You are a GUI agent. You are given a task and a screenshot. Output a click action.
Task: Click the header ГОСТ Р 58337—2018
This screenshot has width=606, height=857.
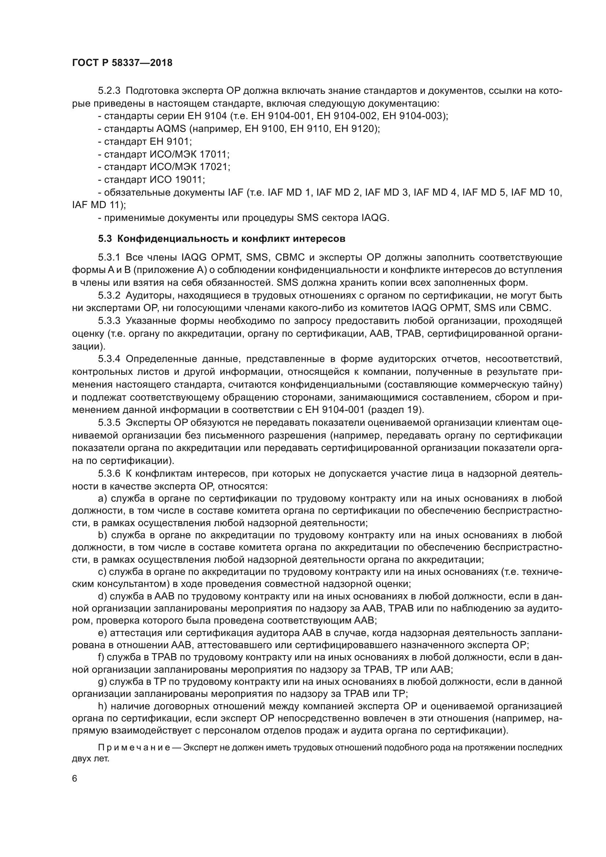point(122,63)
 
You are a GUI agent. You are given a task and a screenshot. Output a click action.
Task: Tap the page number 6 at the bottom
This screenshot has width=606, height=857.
point(75,778)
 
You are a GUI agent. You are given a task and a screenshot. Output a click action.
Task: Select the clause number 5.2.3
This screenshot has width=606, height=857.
point(109,91)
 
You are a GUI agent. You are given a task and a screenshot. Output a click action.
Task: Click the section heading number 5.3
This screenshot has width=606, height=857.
point(105,239)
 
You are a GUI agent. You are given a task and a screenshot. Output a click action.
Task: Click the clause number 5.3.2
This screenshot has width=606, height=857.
point(109,296)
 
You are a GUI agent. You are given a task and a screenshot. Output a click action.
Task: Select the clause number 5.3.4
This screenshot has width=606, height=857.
point(109,359)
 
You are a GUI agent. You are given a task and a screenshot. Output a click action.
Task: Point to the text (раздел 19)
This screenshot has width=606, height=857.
point(396,410)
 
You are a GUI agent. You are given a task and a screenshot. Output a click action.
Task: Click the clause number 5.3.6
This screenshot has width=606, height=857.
point(109,474)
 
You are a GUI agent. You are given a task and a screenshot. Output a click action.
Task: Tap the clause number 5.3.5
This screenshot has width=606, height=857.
point(109,422)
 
